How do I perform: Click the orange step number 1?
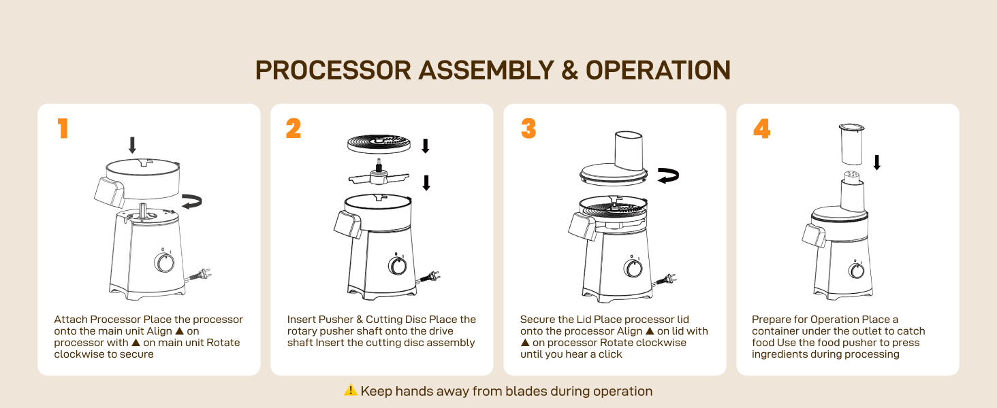click(x=63, y=129)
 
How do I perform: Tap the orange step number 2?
click(x=294, y=129)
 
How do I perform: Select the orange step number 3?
click(x=528, y=129)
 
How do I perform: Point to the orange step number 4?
click(x=761, y=129)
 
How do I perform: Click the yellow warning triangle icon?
click(x=351, y=390)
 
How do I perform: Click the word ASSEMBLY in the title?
click(x=486, y=70)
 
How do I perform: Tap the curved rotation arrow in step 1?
click(x=192, y=201)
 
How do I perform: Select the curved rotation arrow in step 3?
click(x=669, y=175)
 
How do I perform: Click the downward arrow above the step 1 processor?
click(x=132, y=145)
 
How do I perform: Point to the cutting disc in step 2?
click(x=379, y=144)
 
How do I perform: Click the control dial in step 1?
click(x=164, y=262)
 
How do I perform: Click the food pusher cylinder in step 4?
click(x=851, y=144)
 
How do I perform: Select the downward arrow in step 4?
click(x=877, y=163)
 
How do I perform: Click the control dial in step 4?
click(x=857, y=270)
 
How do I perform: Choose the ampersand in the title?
click(x=570, y=70)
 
